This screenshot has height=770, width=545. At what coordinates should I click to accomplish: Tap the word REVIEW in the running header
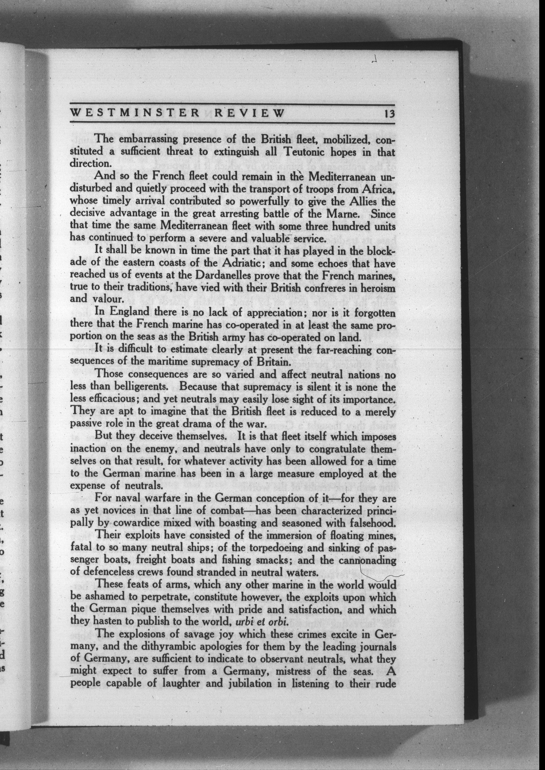(249, 113)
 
